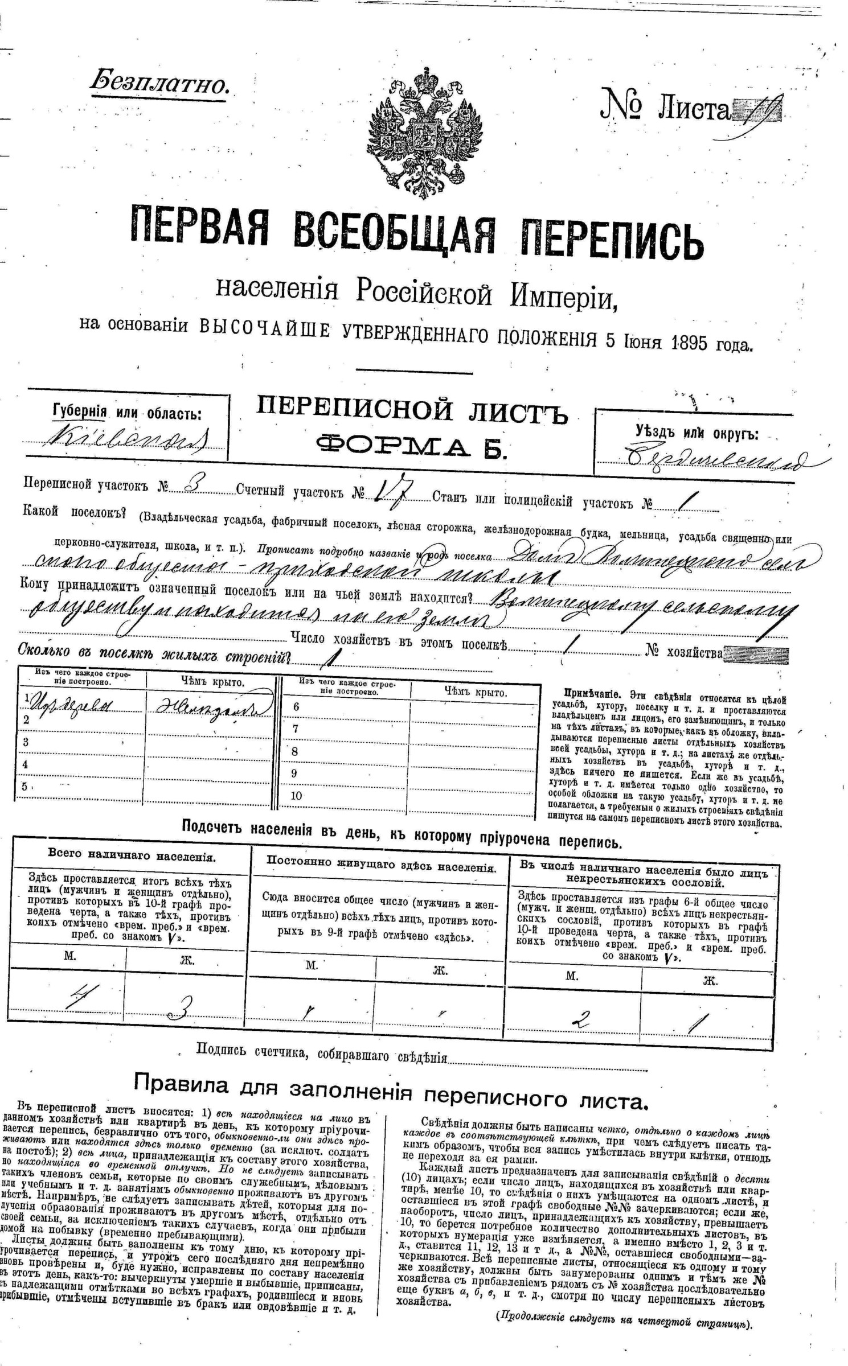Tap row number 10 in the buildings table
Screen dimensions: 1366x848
[x=296, y=796]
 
